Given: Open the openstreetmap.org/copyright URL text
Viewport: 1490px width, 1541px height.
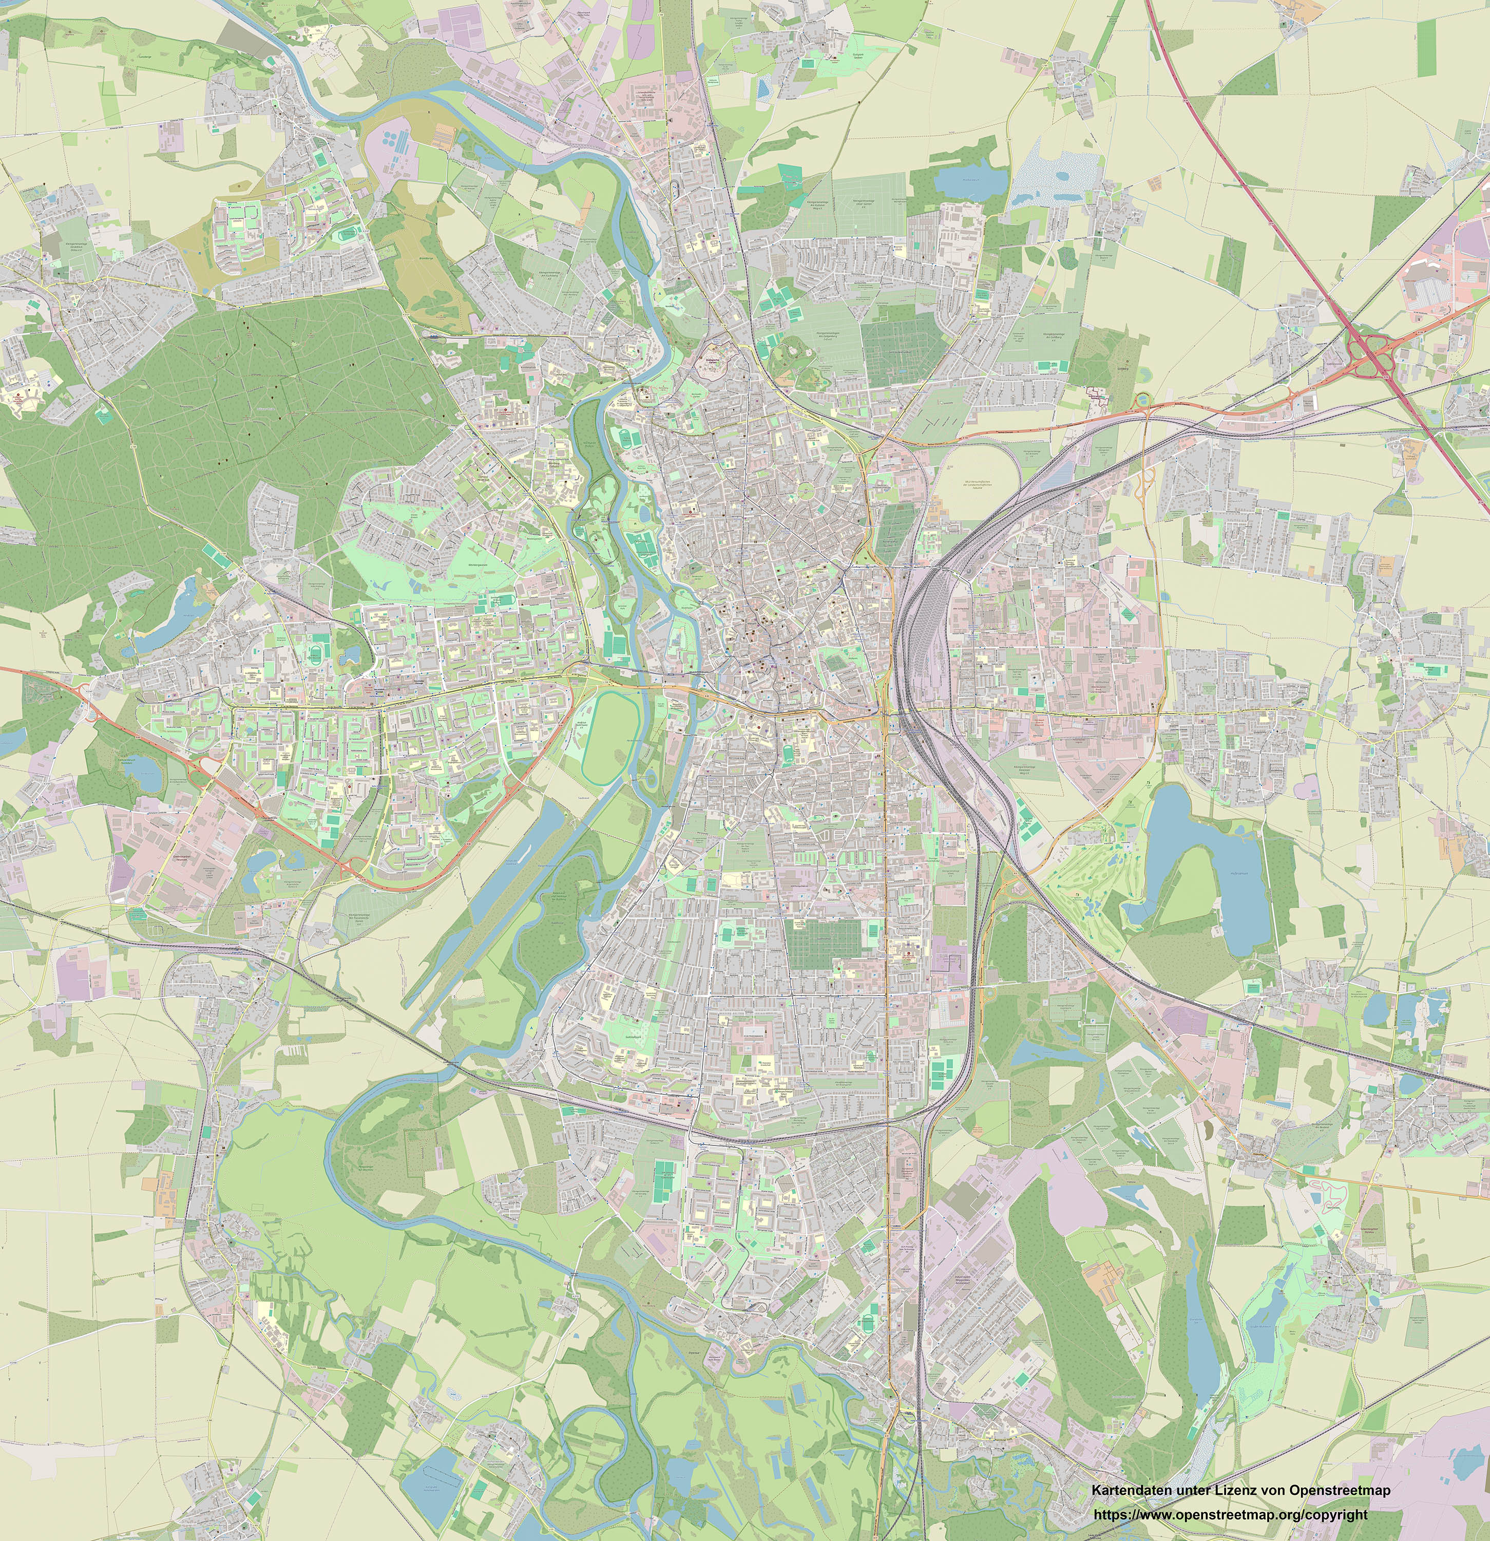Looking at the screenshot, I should [1230, 1514].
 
